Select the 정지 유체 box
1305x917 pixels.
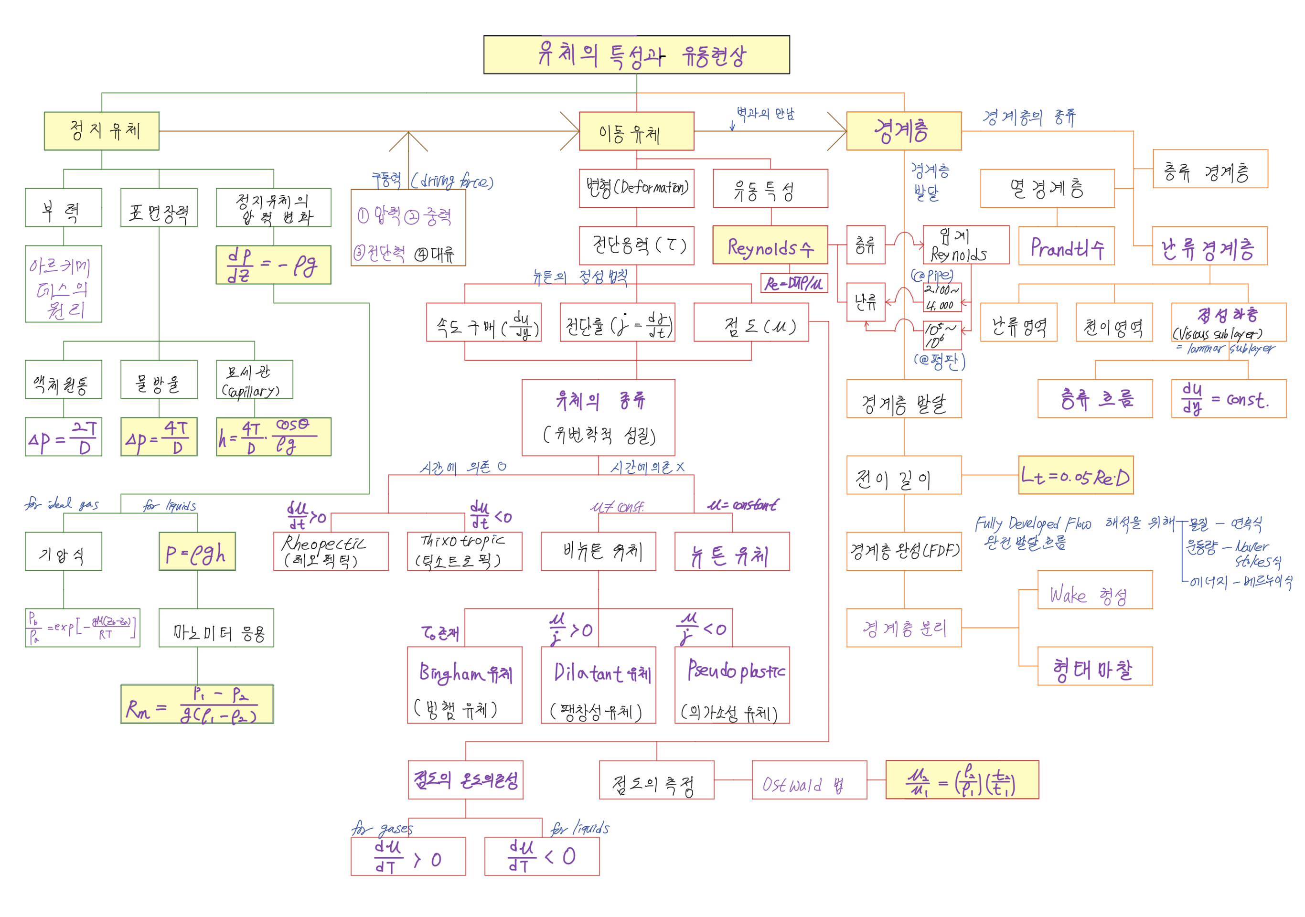[102, 131]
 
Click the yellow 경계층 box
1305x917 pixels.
[903, 131]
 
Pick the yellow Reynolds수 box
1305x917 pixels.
[770, 245]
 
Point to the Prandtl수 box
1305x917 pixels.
[1066, 246]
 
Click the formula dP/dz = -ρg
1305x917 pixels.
[273, 265]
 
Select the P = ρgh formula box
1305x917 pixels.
[197, 551]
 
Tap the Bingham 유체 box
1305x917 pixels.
[464, 684]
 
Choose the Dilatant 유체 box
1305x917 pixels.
[598, 684]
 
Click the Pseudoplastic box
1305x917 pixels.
[732, 684]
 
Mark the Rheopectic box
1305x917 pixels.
[331, 551]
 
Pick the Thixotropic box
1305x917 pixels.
[464, 551]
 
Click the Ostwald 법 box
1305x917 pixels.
[809, 780]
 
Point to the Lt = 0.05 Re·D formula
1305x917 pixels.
[1075, 475]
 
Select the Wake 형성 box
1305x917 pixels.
[1095, 590]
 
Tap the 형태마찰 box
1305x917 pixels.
[1095, 666]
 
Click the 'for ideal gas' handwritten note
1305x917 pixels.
[62, 504]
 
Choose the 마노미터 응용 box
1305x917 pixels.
[216, 628]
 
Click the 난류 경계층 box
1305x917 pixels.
[1209, 246]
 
